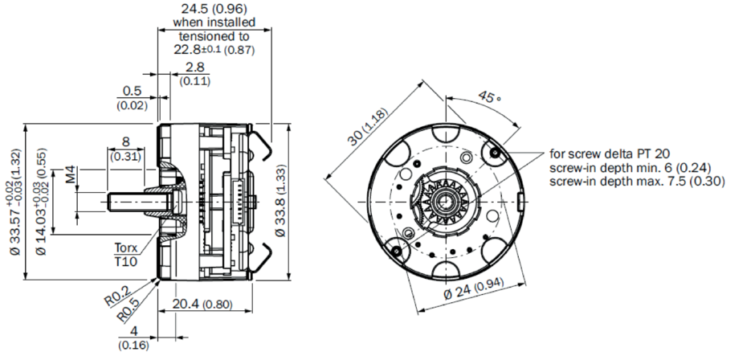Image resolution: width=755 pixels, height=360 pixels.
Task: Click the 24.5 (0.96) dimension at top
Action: tap(214, 10)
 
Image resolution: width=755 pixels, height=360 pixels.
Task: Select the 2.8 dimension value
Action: tap(194, 67)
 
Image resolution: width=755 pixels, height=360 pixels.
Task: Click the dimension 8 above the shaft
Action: tap(125, 142)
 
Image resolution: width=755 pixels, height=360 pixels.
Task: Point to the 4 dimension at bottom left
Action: tap(133, 331)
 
